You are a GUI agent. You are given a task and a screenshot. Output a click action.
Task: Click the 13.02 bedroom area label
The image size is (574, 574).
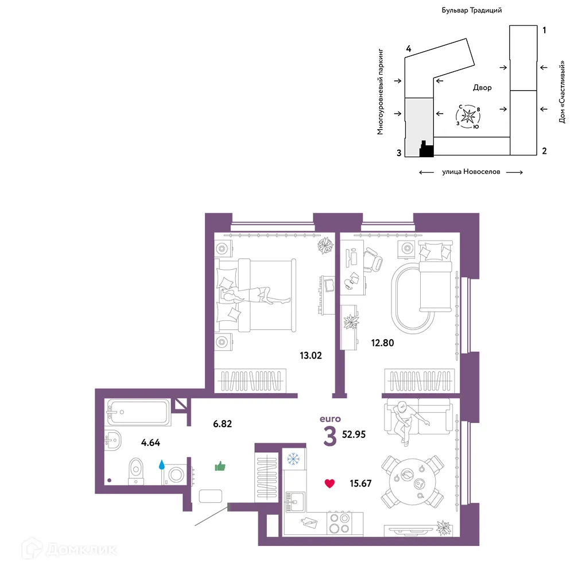311,355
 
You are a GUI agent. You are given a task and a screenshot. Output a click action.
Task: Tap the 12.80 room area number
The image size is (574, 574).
382,343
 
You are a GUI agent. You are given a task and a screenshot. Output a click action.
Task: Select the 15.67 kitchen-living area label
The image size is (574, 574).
360,483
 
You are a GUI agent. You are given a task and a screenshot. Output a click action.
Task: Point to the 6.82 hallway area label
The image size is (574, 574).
223,424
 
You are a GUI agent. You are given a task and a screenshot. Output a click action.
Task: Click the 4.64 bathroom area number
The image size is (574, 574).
150,443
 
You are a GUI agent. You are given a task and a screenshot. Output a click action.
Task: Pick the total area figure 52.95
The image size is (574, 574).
354,435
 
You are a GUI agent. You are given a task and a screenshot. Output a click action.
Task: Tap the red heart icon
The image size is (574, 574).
329,483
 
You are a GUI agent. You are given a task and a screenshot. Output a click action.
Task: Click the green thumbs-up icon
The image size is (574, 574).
220,466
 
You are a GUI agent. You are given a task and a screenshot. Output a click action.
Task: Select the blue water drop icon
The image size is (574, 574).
161,465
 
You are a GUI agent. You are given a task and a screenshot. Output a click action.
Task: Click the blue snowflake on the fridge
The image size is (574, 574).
293,459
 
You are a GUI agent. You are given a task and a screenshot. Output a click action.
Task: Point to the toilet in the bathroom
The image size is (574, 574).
136,471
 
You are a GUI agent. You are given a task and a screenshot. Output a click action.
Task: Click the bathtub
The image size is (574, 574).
138,412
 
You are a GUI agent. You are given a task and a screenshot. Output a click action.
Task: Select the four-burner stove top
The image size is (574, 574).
339,523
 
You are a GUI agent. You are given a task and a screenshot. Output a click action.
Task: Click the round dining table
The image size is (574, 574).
412,482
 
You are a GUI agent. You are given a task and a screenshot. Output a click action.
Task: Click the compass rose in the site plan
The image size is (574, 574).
468,117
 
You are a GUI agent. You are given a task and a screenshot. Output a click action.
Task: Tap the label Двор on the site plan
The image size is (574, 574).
483,87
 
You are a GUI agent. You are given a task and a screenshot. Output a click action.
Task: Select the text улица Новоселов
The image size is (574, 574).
471,172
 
